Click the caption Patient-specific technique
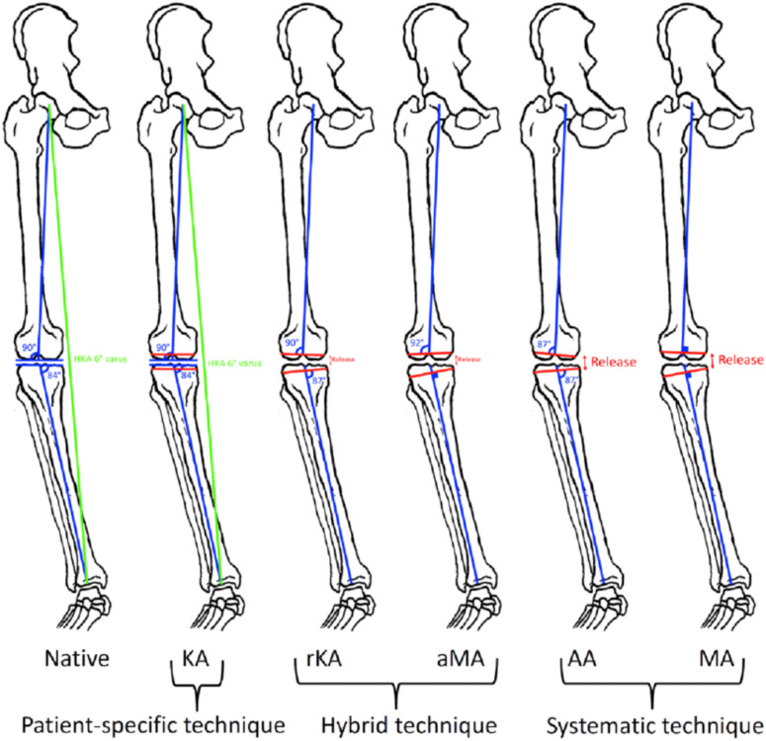click(x=130, y=715)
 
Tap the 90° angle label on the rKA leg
click(x=293, y=344)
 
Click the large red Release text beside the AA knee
click(x=613, y=362)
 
